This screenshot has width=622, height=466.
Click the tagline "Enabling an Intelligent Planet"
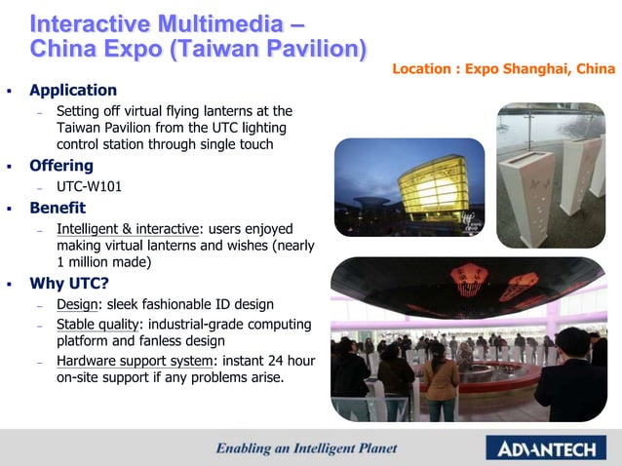tap(306, 448)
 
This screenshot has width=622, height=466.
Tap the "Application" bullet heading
tap(73, 91)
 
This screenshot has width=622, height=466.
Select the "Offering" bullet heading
tap(61, 166)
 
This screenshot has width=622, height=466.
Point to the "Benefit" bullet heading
tap(58, 208)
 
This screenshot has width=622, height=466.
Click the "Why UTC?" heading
tap(70, 284)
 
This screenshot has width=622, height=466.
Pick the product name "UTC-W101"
tap(91, 187)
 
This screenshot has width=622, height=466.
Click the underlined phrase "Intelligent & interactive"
tap(127, 229)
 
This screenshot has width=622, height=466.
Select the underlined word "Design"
tap(79, 305)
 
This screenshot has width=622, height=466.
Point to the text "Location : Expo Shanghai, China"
tap(503, 69)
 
